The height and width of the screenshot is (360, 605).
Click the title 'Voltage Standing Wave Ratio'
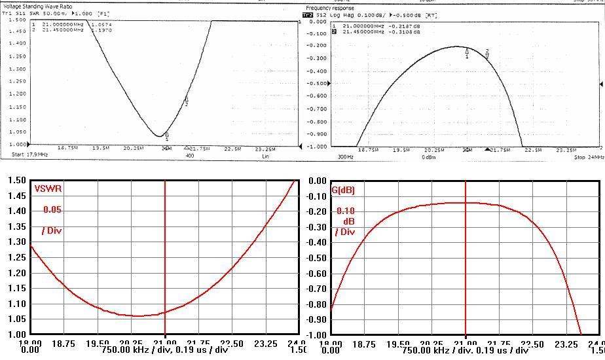(39, 7)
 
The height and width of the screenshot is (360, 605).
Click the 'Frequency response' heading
(329, 8)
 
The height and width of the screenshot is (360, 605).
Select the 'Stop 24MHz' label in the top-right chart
(588, 158)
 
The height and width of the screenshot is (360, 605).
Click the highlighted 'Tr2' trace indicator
(307, 14)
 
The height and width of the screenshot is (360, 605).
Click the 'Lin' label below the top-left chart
(266, 156)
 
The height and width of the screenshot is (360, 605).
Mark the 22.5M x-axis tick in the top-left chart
(232, 149)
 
